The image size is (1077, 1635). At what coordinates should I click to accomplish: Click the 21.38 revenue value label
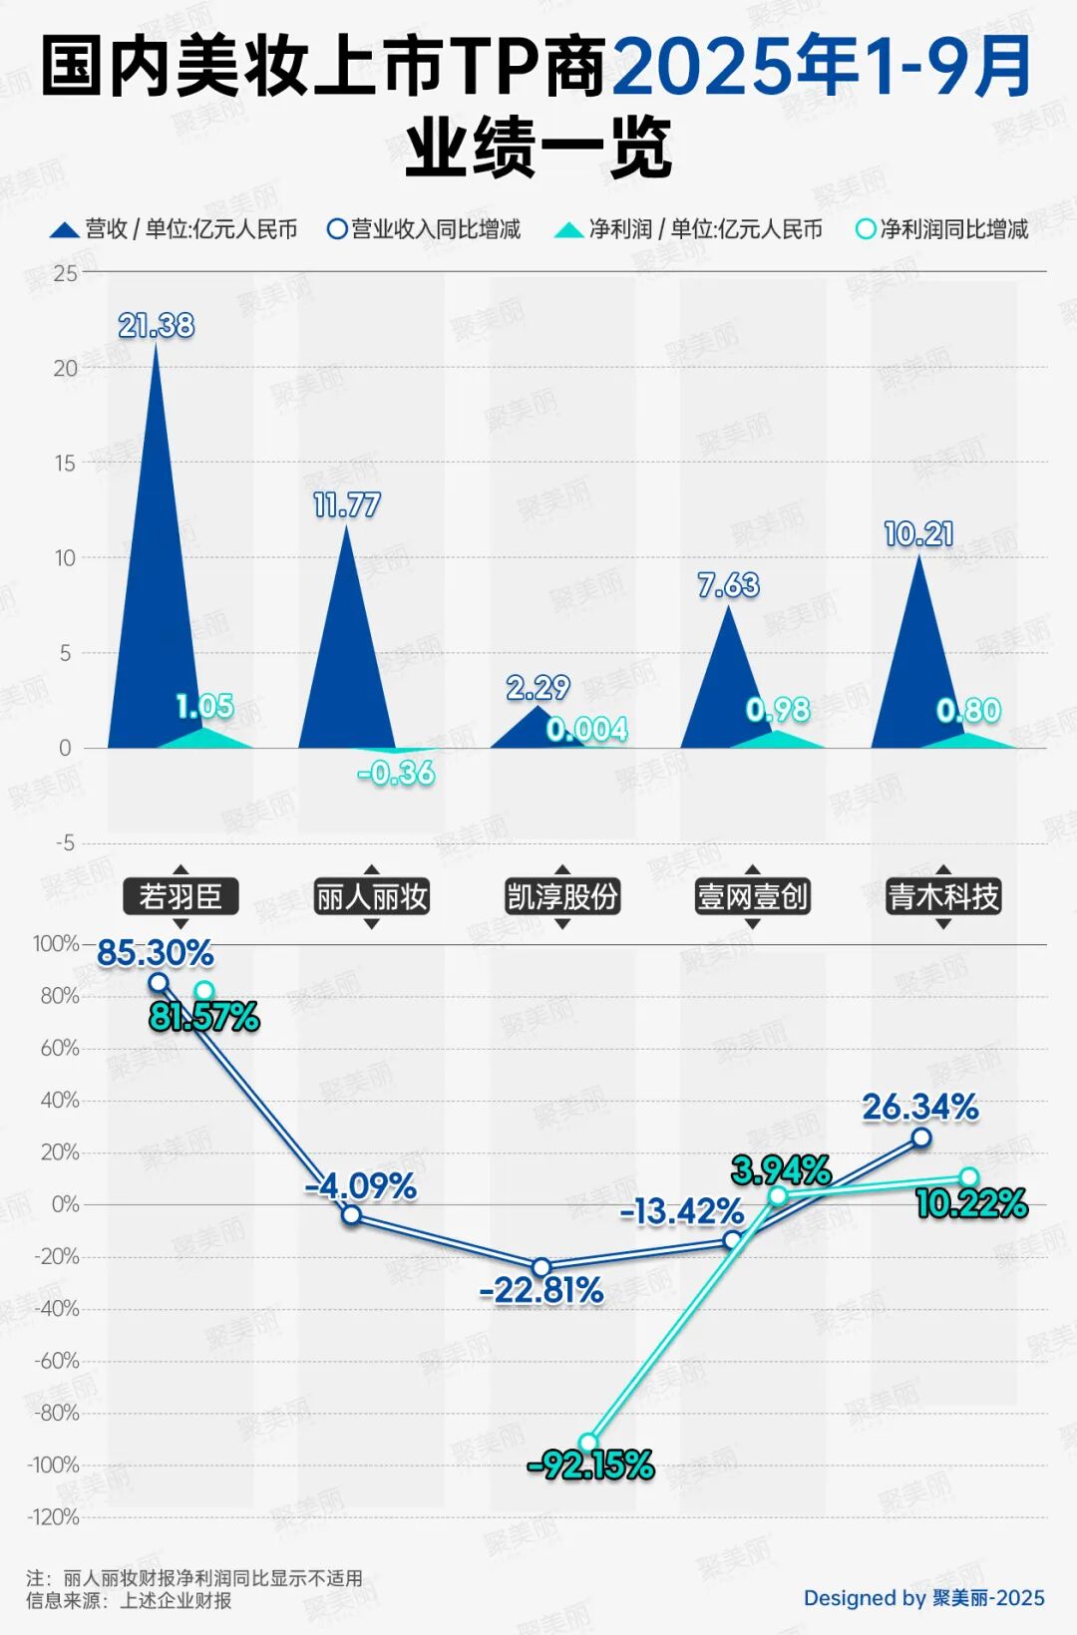pos(157,326)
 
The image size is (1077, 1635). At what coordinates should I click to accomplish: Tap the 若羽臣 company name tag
pos(180,897)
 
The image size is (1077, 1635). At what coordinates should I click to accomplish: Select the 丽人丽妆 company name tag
pos(371,897)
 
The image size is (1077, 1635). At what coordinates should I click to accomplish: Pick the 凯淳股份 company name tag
pos(562,897)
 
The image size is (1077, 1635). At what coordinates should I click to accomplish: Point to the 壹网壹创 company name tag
pos(753,897)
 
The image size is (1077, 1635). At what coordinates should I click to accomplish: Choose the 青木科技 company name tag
pos(943,897)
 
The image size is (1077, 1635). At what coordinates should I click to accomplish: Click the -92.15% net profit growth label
pos(590,1466)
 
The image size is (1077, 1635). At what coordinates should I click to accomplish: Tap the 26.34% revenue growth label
pos(920,1107)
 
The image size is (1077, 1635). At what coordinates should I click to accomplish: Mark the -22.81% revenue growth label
pos(541,1291)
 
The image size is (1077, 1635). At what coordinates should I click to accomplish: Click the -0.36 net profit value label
pos(397,773)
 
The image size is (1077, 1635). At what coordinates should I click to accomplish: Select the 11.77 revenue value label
pos(347,505)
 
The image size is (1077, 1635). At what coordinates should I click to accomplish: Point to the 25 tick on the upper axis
pos(66,273)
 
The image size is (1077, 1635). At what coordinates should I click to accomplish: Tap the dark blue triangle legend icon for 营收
pos(65,230)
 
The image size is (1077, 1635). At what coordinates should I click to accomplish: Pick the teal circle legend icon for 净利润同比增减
pos(866,229)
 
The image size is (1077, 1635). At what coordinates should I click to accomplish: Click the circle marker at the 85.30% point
pos(159,983)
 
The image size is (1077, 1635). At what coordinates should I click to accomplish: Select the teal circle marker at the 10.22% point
pos(969,1177)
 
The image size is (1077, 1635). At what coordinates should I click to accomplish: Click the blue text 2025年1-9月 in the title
pos(822,68)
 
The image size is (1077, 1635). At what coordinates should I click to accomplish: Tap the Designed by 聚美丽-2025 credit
pos(923,1598)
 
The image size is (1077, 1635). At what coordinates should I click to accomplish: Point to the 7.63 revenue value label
pos(729,585)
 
